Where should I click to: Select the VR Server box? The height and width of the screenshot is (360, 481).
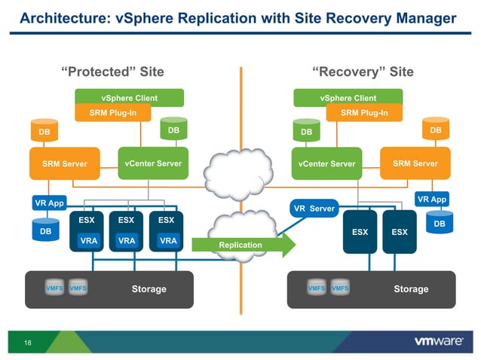pos(314,209)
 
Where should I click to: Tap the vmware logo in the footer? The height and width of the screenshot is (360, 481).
pos(438,341)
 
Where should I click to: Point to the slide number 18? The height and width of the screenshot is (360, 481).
pos(28,343)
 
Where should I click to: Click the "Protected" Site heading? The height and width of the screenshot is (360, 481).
pos(112,72)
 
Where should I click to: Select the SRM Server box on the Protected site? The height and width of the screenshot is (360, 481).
pos(64,163)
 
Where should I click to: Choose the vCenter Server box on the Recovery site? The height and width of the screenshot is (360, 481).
pos(326,163)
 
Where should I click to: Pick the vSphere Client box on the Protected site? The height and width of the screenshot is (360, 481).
pos(128,98)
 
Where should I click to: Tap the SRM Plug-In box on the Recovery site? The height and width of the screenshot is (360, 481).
pos(364,113)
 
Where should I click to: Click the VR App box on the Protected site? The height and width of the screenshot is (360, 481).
pos(50,203)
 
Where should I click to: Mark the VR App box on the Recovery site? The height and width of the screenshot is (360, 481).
pos(431,200)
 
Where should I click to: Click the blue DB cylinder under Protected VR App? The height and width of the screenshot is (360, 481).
pos(45,230)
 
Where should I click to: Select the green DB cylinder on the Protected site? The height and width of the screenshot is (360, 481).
pos(173,130)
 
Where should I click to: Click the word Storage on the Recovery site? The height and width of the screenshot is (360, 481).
pos(411,289)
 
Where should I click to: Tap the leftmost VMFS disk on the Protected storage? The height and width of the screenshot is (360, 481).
pos(54,288)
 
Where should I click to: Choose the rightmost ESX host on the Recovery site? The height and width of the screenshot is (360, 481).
pos(399,231)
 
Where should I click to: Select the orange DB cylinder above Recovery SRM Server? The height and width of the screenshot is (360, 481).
pos(435,130)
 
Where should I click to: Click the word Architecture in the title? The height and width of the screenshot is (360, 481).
pos(59,18)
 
